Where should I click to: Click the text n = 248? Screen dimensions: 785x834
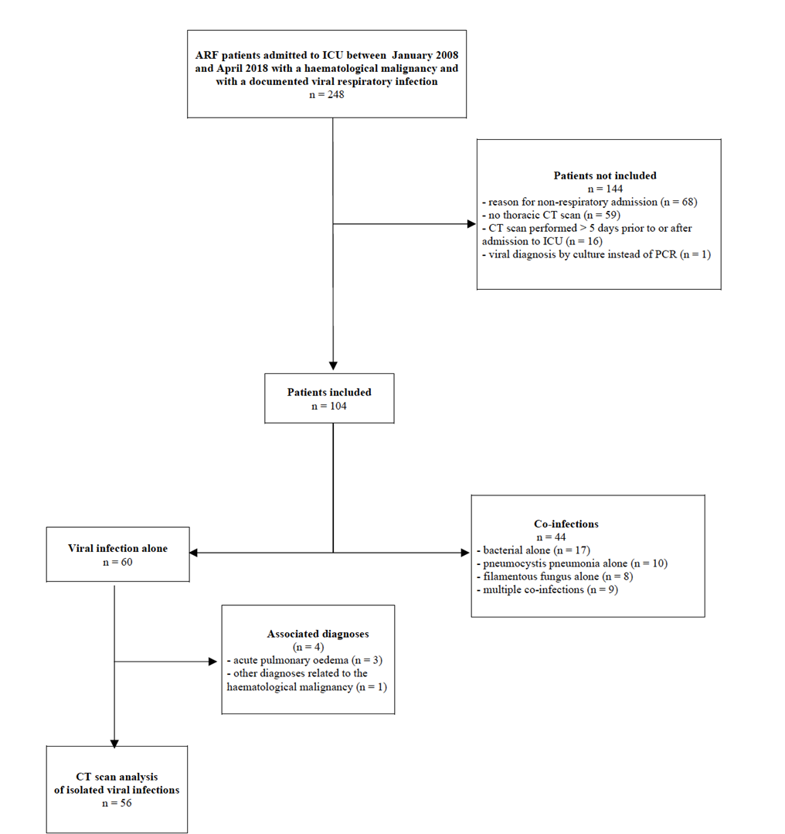click(327, 94)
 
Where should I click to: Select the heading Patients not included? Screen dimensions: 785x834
click(605, 175)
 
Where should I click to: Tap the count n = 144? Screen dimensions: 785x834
click(605, 189)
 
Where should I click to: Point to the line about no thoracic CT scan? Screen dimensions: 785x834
click(551, 215)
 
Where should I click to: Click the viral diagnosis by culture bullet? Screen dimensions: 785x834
click(596, 254)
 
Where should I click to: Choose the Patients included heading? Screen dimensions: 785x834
click(329, 392)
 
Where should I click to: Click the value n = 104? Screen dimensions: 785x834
click(329, 406)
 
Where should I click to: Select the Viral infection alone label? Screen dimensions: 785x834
click(117, 548)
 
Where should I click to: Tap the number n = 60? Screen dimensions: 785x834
click(117, 562)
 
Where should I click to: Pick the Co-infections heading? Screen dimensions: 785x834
click(566, 524)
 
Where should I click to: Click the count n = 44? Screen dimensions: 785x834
click(551, 537)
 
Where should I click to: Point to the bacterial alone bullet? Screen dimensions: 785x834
click(533, 550)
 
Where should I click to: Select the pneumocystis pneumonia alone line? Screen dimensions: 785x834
click(573, 563)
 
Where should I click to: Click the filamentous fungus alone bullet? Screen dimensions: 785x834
click(555, 577)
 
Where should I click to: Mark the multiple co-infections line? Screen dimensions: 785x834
click(547, 589)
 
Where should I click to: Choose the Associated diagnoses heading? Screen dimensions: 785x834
click(318, 634)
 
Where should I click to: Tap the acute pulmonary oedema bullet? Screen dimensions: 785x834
click(304, 660)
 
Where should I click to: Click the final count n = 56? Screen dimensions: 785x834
click(117, 803)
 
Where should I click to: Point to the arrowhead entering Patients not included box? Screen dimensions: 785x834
click(471, 224)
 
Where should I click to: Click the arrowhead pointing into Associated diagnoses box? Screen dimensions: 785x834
click(212, 662)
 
